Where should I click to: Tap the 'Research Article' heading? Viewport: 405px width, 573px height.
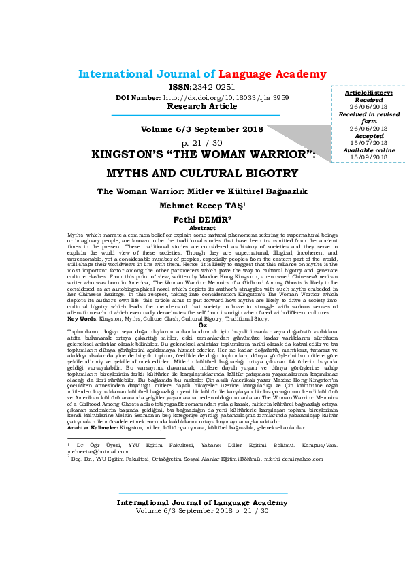(x=202, y=107)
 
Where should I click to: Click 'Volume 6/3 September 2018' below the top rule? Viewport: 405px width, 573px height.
(x=201, y=129)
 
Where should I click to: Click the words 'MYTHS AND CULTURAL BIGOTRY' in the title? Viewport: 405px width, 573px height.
(x=202, y=173)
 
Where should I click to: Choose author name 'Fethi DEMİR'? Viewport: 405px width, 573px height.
(x=201, y=220)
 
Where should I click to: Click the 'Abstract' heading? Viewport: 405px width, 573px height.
(x=202, y=228)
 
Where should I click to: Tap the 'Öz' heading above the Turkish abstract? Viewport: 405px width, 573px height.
(x=202, y=325)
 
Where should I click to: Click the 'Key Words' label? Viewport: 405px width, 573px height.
(x=82, y=318)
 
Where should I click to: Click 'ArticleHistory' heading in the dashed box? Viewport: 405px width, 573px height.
(x=368, y=91)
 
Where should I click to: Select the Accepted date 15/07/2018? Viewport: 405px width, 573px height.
(x=368, y=142)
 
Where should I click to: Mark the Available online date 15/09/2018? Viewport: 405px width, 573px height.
(x=368, y=157)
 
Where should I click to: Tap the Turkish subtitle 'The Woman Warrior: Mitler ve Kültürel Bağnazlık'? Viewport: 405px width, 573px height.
(x=202, y=191)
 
